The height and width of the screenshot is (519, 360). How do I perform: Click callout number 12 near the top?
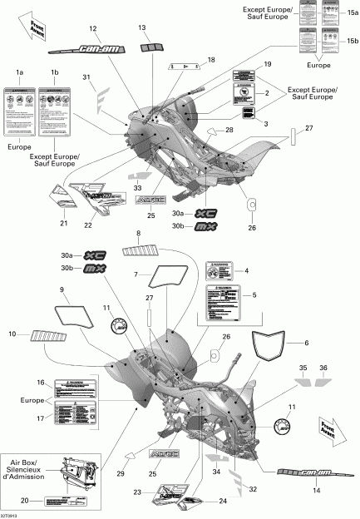pyautogui.click(x=93, y=29)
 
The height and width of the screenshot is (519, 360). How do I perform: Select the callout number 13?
pyautogui.click(x=141, y=28)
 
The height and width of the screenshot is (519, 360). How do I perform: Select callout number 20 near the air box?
pyautogui.click(x=25, y=501)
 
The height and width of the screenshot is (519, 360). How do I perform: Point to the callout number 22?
pyautogui.click(x=86, y=224)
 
